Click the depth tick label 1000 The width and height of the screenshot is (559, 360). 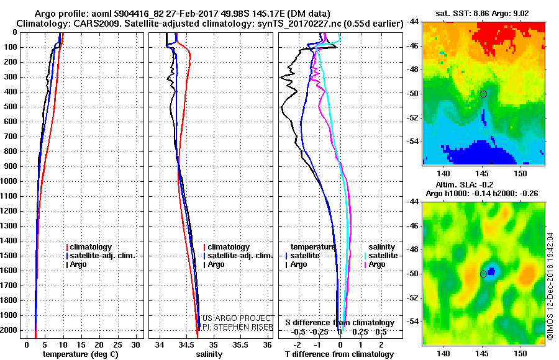(9, 181)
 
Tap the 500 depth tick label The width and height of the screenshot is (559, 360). (11, 107)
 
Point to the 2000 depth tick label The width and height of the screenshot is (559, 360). (9, 330)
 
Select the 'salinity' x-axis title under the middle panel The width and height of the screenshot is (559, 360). (209, 354)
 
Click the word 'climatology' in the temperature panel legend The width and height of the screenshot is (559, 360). (92, 247)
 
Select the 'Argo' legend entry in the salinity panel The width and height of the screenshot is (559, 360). (216, 264)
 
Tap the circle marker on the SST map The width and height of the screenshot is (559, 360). (483, 94)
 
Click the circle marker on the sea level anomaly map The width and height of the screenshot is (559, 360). (483, 274)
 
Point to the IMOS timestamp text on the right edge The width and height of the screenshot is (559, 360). (550, 286)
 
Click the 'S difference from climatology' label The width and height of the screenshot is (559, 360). (340, 323)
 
